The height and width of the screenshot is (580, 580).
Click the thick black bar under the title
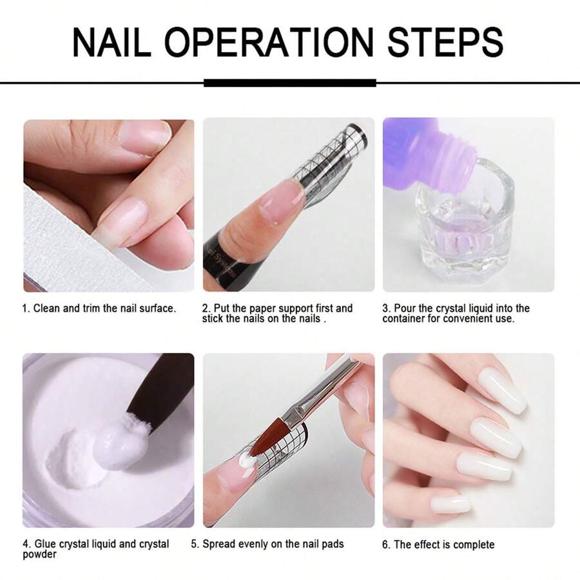(289, 82)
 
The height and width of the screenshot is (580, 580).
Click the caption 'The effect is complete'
(444, 545)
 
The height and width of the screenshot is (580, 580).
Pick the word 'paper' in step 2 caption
(264, 309)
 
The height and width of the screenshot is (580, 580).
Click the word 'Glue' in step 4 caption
(45, 544)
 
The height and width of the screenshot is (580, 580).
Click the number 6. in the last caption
(386, 545)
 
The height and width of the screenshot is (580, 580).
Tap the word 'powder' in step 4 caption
(39, 554)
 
